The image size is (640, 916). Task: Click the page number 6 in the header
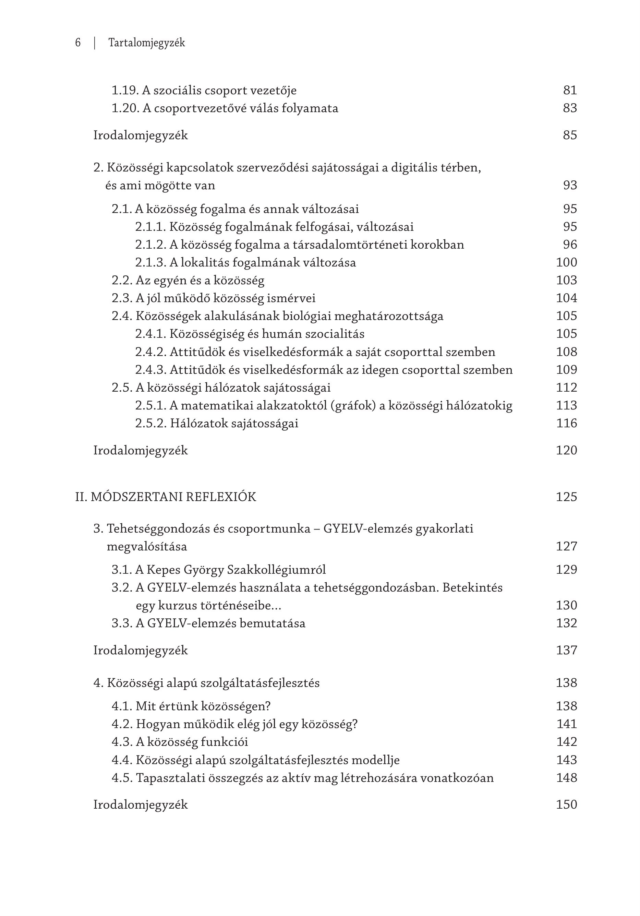point(78,43)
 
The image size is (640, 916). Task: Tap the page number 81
point(570,90)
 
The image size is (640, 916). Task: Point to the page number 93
point(570,185)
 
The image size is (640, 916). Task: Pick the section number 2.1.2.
point(150,245)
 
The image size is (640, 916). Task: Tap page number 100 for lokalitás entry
point(566,262)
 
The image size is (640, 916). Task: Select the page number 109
point(566,370)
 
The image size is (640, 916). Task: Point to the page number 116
point(566,423)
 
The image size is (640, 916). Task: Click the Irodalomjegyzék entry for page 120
point(140,450)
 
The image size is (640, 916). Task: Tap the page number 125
point(566,497)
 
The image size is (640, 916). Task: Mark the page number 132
point(566,623)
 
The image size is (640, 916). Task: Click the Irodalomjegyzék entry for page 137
point(140,650)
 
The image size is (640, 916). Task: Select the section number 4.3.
point(122,742)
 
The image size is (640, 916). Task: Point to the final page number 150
point(566,805)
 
